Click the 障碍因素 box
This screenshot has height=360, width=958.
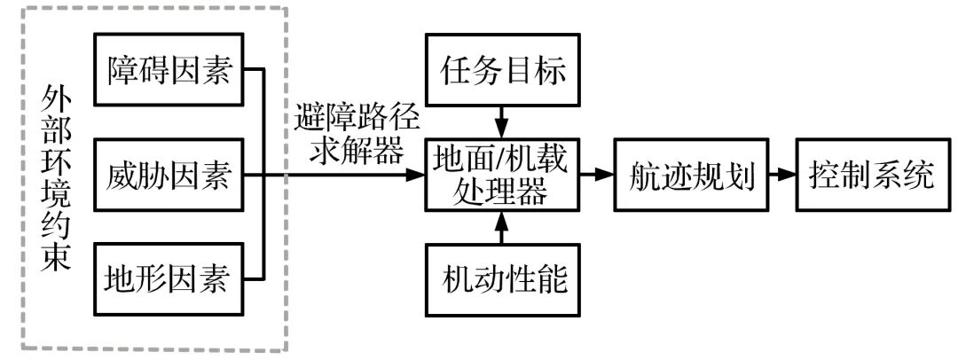click(x=168, y=69)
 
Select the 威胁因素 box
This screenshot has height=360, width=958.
click(x=168, y=176)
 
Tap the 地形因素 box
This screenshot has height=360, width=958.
click(x=168, y=280)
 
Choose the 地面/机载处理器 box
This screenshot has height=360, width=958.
click(x=502, y=176)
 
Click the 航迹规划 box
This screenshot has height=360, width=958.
click(x=691, y=176)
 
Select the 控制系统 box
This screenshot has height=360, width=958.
click(x=871, y=176)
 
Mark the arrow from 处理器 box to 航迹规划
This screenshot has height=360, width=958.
click(x=596, y=176)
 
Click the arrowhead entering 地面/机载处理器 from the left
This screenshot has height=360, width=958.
click(x=416, y=176)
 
